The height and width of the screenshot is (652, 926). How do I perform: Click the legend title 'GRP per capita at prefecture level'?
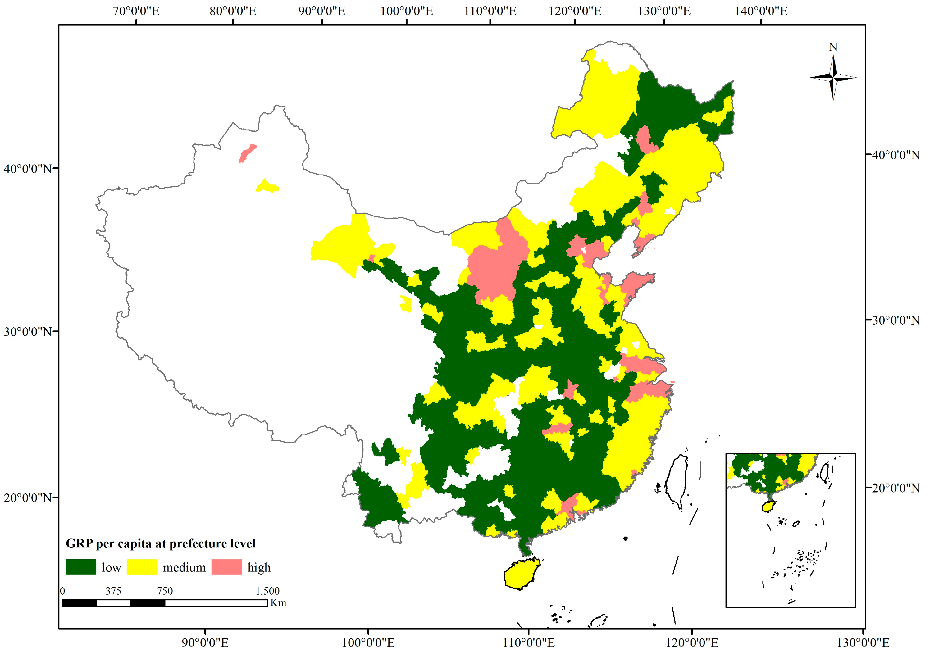coord(160,543)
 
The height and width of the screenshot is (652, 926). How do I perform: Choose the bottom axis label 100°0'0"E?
coord(368,642)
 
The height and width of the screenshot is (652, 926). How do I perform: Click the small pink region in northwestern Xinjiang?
coord(247,153)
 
